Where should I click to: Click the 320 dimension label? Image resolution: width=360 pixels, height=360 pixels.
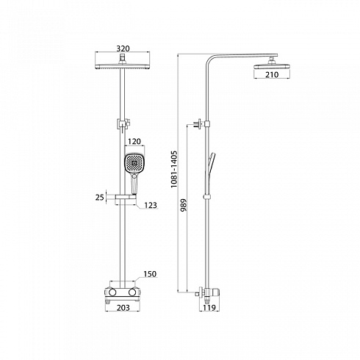click(123, 48)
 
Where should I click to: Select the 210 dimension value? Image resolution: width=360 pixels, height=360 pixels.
click(272, 74)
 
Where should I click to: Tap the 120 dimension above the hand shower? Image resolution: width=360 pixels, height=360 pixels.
click(134, 141)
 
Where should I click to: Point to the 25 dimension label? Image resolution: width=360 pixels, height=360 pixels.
click(100, 197)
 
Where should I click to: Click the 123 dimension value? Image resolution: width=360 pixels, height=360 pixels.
click(151, 205)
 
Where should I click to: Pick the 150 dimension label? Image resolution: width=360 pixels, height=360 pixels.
click(150, 274)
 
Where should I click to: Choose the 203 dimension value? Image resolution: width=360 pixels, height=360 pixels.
click(123, 307)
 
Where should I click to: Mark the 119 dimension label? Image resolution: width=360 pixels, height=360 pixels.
click(209, 307)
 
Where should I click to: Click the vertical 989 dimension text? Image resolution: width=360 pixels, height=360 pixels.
click(183, 205)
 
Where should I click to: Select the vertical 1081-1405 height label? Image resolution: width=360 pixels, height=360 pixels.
click(173, 170)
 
